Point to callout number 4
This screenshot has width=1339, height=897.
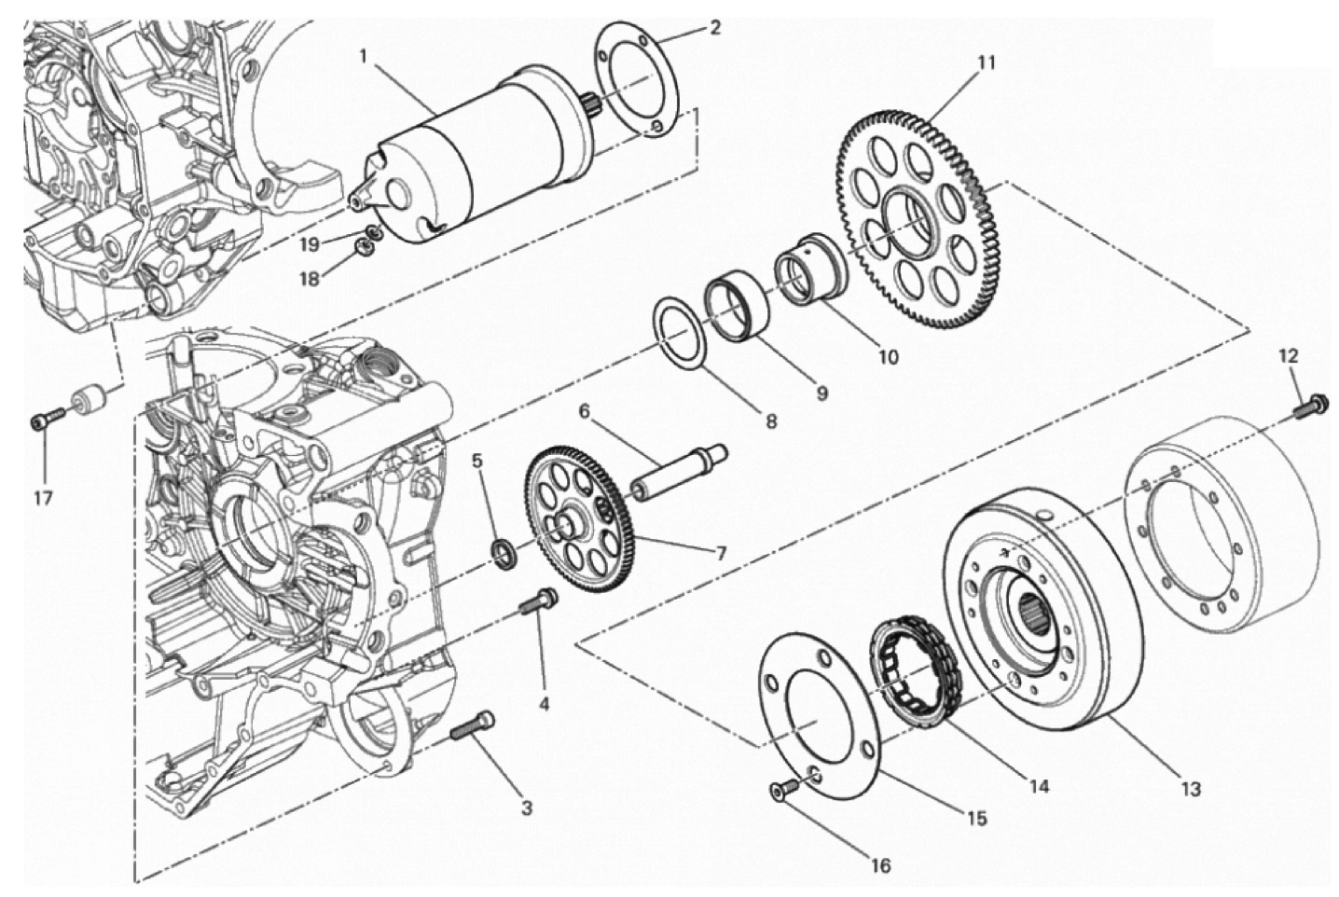[544, 702]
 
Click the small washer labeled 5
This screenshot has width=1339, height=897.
[504, 553]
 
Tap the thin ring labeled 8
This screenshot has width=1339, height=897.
[683, 333]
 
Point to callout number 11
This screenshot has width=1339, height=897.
[986, 63]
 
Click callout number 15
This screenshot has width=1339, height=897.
[975, 819]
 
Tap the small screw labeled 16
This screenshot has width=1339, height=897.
[780, 790]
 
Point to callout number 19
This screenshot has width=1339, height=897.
[310, 244]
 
